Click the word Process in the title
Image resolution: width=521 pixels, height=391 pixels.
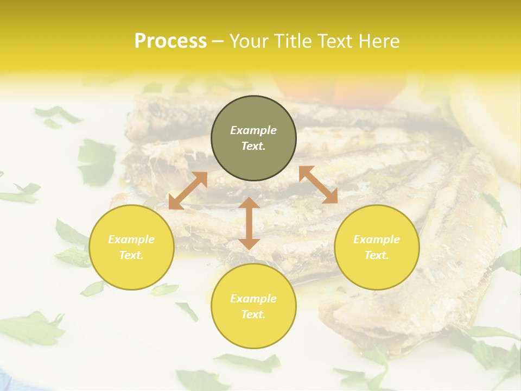pos(170,41)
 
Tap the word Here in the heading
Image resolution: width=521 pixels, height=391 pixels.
pos(379,41)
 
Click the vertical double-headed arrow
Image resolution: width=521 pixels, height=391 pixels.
pos(249,223)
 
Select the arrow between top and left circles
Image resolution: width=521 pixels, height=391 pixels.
pos(188,191)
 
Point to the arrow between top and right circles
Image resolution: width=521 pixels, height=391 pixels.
pos(318,184)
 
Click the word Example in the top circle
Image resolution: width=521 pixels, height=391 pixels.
pos(253,130)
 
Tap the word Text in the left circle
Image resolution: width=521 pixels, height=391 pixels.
pos(131,255)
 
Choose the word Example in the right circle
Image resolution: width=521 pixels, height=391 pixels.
pos(377,239)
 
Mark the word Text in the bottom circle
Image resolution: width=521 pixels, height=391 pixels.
pos(253,314)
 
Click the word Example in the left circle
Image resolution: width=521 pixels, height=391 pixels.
pos(131,239)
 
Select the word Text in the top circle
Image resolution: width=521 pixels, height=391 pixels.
pos(253,146)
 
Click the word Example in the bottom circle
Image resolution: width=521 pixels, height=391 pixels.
pos(253,299)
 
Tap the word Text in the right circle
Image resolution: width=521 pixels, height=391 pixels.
pos(377,255)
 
